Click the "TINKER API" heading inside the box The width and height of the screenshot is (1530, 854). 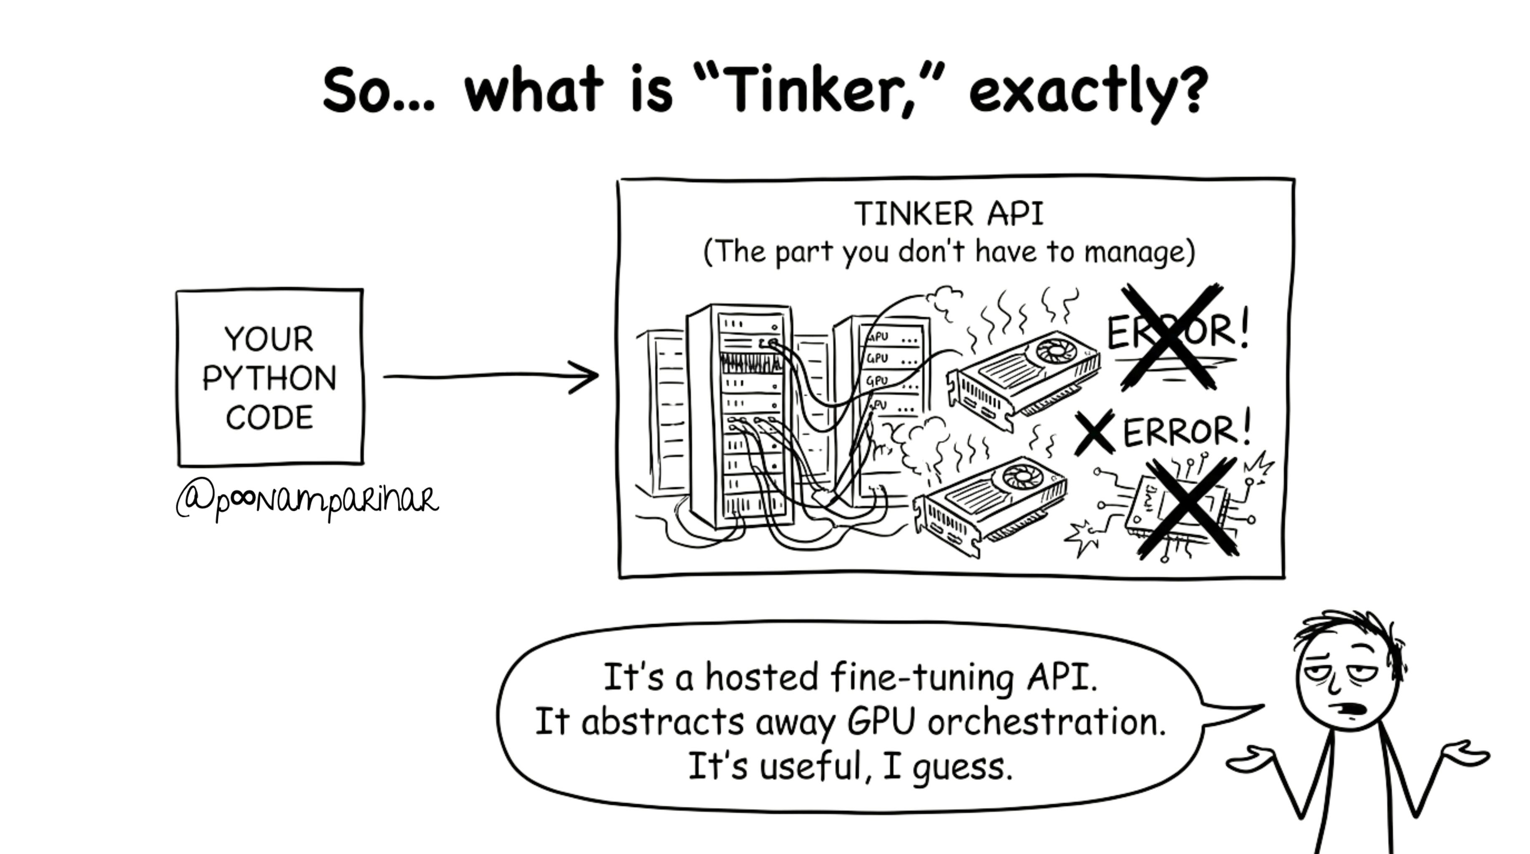tap(949, 214)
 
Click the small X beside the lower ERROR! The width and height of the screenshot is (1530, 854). tap(1095, 432)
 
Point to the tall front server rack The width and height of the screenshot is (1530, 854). tap(740, 416)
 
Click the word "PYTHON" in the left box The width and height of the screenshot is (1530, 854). tap(269, 378)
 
